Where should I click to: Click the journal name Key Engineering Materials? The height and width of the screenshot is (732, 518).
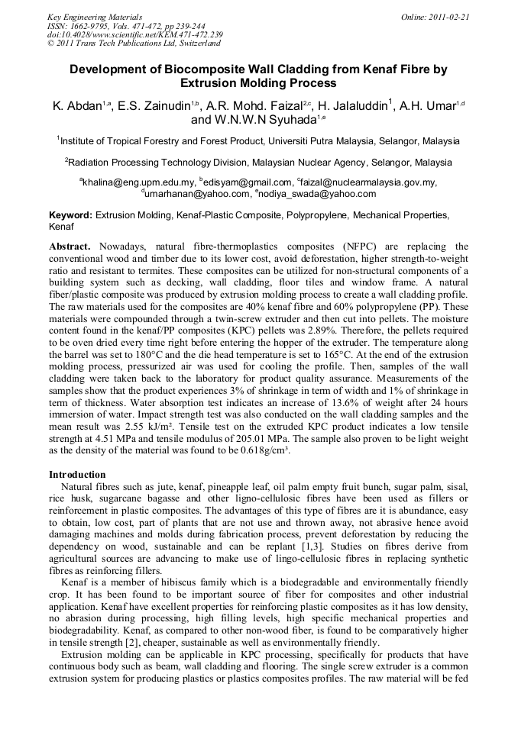pos(95,16)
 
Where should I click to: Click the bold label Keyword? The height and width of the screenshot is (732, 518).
pos(70,216)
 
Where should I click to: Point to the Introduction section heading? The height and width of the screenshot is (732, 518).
pos(77,474)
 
